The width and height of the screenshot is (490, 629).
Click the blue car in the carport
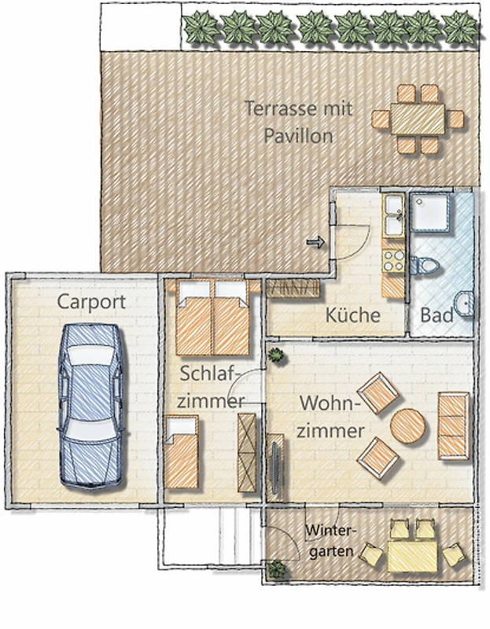coord(93,406)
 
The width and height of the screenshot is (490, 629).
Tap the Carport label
coord(91,302)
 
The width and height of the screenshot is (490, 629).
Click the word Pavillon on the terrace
coord(298,136)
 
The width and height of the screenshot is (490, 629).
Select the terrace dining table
coord(418,120)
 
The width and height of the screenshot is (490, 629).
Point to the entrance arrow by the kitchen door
coord(315,242)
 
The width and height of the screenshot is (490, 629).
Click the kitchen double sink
coord(394,215)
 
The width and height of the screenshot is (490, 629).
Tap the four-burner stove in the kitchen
coord(393,260)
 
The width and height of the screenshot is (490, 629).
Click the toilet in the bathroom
coord(424,265)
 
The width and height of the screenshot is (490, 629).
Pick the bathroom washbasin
coord(463,303)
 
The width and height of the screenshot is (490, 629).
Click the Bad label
coord(437,315)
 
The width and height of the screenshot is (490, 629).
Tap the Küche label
coord(352,315)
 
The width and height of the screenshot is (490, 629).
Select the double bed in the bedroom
coord(212,318)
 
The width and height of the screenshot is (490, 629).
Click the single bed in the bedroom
coord(182,452)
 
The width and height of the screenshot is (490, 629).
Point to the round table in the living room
coord(407,426)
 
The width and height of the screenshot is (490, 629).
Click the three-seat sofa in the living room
coord(454,426)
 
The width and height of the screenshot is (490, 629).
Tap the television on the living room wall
coord(276,466)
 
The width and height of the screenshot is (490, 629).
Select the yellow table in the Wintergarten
coord(412,557)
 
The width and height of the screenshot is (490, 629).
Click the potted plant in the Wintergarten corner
coord(277,569)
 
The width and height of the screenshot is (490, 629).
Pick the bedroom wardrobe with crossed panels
coord(247,453)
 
